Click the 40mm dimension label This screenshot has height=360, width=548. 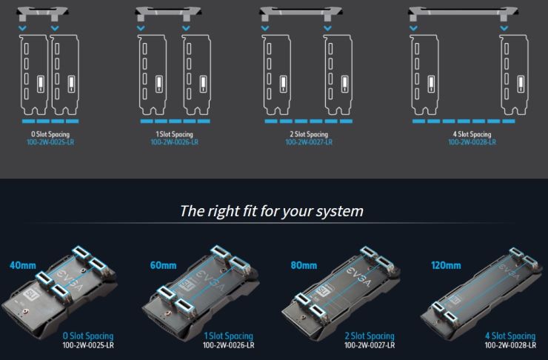[23, 265]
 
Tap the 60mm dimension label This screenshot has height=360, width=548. [163, 265]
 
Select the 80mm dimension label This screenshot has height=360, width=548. [304, 265]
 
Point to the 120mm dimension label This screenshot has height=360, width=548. [446, 265]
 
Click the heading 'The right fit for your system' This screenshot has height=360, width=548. [272, 211]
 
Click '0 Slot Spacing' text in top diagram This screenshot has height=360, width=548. [50, 134]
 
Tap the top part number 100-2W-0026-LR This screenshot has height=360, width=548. [174, 142]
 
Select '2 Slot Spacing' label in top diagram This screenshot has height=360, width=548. [309, 134]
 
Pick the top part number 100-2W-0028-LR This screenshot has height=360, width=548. [472, 142]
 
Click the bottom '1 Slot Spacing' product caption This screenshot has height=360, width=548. [229, 336]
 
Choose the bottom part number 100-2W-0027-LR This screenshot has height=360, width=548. [370, 345]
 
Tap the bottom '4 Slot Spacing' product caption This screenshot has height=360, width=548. [510, 336]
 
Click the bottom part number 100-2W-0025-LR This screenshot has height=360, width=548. [88, 345]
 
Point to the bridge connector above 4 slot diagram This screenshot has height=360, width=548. [463, 13]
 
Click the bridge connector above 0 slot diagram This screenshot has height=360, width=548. [42, 13]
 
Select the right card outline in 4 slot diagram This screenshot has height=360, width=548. [514, 75]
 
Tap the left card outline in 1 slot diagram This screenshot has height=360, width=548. [153, 75]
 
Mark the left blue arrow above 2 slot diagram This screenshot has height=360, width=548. [265, 28]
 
